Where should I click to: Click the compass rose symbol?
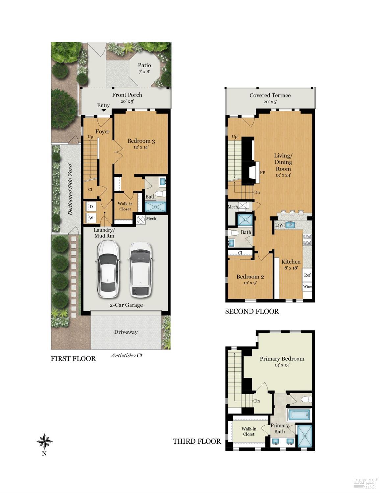pos(44,441)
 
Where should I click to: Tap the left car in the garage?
pos(107,269)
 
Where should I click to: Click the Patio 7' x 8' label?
pos(144,68)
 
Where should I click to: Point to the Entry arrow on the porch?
pos(103,110)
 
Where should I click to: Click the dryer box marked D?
pos(91,207)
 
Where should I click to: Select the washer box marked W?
pos(91,218)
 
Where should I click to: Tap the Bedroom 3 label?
pos(141,144)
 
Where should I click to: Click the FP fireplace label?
pos(262,172)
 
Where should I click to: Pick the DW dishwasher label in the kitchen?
pos(280,225)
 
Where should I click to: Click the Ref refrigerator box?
pos(307,275)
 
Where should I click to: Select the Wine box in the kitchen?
pos(307,286)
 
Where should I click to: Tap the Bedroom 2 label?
pos(250,279)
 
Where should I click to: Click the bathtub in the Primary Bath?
pos(299,415)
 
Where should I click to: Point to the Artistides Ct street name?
pos(126,355)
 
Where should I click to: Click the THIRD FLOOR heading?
pos(197,441)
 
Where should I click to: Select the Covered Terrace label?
pos(270,98)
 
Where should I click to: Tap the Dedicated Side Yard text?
pos(70,189)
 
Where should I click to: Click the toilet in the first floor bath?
pos(161,194)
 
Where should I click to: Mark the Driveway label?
pos(126,332)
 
